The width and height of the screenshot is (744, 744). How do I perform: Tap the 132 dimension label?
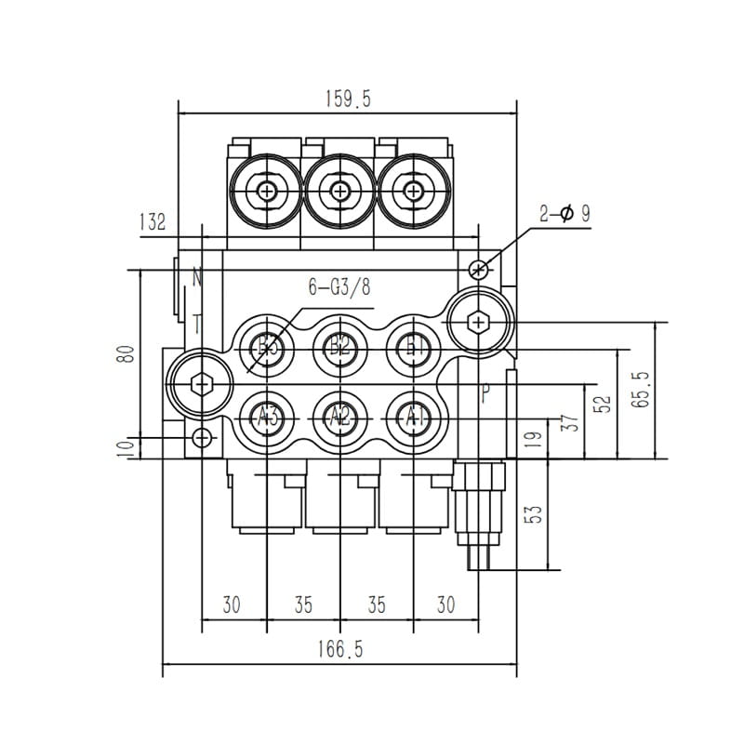pyautogui.click(x=152, y=221)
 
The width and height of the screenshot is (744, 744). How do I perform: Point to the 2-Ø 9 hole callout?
pyautogui.click(x=565, y=214)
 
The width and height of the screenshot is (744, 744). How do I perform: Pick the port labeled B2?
pyautogui.click(x=339, y=348)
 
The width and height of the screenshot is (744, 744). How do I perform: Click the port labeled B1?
pyautogui.click(x=413, y=348)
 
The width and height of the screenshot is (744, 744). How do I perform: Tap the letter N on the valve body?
pyautogui.click(x=197, y=276)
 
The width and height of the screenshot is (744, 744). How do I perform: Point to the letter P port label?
pyautogui.click(x=485, y=393)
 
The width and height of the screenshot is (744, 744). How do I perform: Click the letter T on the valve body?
pyautogui.click(x=197, y=324)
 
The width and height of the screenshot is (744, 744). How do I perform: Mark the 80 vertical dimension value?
pyautogui.click(x=128, y=353)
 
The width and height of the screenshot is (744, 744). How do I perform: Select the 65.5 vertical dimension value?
pyautogui.click(x=642, y=389)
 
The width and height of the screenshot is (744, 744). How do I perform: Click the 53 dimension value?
pyautogui.click(x=533, y=514)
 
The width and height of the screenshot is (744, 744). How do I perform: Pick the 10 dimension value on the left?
pyautogui.click(x=128, y=447)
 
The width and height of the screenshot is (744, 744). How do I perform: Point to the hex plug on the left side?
pyautogui.click(x=200, y=382)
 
